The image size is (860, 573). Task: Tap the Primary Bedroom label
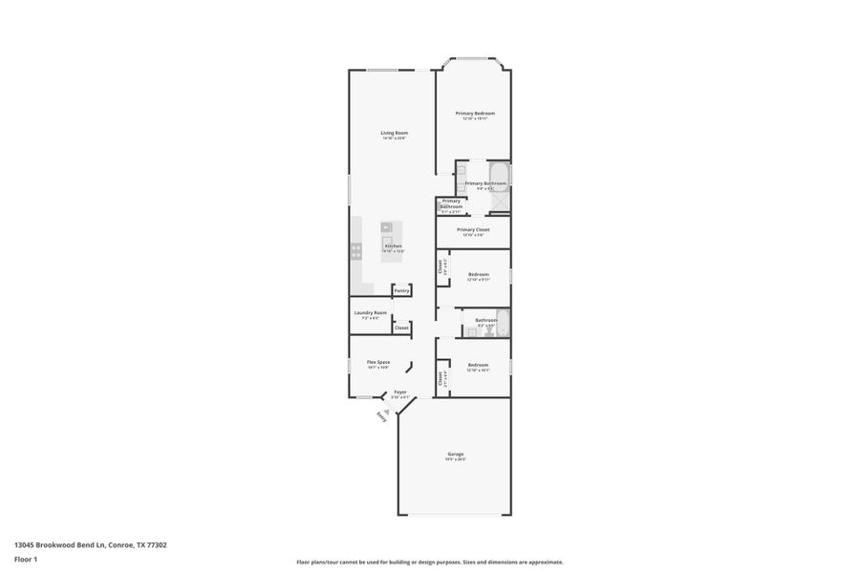[475, 113]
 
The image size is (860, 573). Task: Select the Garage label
[455, 454]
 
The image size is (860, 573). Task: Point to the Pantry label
[401, 290]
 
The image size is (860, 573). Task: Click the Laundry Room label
[370, 312]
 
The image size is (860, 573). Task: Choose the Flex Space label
[378, 362]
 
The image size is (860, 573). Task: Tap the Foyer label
[400, 392]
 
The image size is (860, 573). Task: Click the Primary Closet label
[473, 229]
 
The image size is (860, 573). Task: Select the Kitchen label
[393, 245]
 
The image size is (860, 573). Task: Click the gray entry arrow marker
[387, 403]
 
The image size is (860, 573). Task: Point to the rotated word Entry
[381, 415]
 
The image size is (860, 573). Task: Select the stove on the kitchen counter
[356, 251]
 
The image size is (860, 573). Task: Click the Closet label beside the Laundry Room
[401, 328]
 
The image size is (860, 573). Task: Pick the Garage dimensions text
[455, 459]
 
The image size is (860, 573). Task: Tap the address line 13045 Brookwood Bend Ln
[91, 545]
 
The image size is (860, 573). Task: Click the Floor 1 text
[25, 559]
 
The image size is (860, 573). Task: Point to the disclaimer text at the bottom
[429, 562]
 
